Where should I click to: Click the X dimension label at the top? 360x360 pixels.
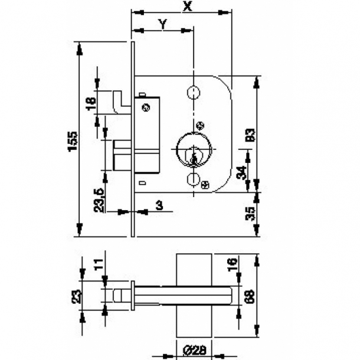pos(188,6)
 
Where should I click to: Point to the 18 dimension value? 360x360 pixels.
pos(90,104)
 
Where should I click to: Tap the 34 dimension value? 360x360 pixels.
pos(240,173)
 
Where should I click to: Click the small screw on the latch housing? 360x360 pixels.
pos(146,107)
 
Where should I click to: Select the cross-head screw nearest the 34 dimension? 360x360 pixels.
pos(205,185)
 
